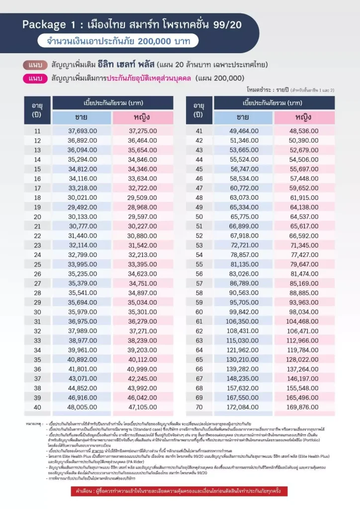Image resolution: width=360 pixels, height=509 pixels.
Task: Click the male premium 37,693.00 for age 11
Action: (x=82, y=131)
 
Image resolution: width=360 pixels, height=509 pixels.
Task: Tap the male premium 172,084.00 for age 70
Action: (x=244, y=407)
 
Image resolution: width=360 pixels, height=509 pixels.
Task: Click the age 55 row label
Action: (x=199, y=264)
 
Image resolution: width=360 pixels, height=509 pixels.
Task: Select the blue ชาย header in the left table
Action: (x=82, y=117)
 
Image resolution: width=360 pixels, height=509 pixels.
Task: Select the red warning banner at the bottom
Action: (x=180, y=491)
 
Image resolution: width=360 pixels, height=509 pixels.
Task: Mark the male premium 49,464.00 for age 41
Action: (x=244, y=131)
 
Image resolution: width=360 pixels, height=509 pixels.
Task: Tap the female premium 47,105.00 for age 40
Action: (x=143, y=407)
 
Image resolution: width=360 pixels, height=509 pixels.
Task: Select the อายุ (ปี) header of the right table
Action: (x=199, y=110)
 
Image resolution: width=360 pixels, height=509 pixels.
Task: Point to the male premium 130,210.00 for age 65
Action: (x=244, y=359)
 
